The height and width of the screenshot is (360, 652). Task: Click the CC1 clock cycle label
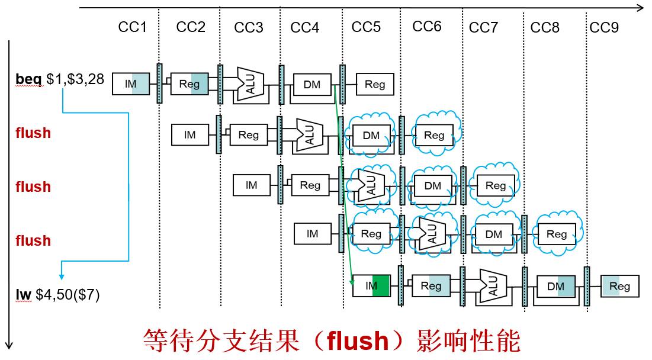[132, 27]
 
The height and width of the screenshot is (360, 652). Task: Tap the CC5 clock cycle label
[366, 27]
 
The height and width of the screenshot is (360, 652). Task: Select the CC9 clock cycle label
[603, 27]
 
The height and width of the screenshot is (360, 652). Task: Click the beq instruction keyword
[28, 79]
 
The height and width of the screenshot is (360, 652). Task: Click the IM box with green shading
[371, 286]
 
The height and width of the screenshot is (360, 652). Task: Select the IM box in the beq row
[131, 85]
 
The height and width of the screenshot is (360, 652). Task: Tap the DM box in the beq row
[311, 85]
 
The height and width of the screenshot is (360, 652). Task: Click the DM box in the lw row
[556, 287]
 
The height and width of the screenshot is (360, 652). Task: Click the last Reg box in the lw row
[619, 287]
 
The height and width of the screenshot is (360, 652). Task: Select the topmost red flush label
[33, 133]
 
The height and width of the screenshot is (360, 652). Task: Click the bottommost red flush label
[33, 241]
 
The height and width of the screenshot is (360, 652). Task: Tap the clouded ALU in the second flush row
[371, 185]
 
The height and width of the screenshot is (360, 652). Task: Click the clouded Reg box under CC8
[557, 234]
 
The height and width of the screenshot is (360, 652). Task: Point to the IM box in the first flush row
[190, 135]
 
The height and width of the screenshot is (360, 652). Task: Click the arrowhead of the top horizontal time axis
[640, 8]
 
